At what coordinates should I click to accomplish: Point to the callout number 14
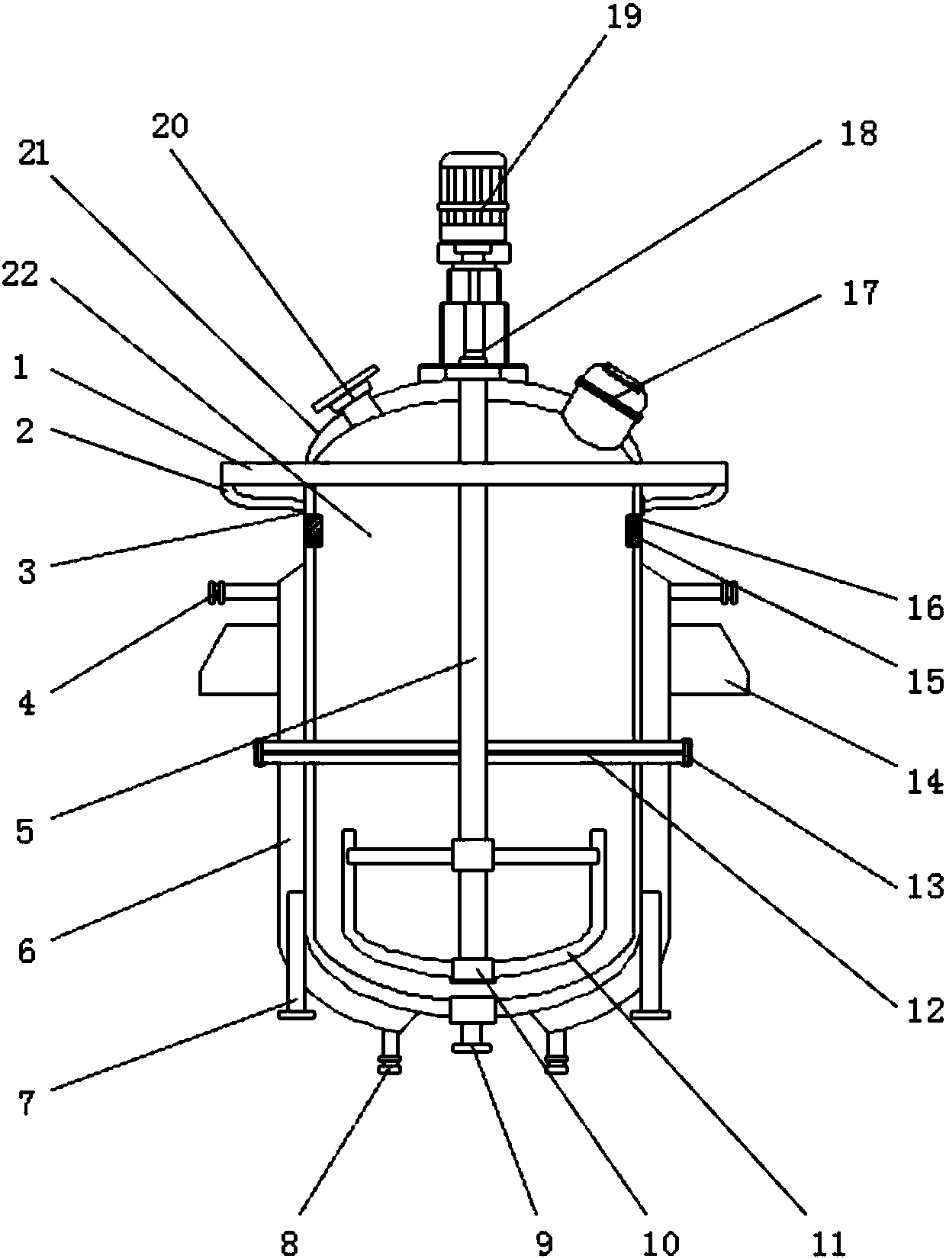925,781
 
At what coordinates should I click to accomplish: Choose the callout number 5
25,830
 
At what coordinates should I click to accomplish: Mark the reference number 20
170,126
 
